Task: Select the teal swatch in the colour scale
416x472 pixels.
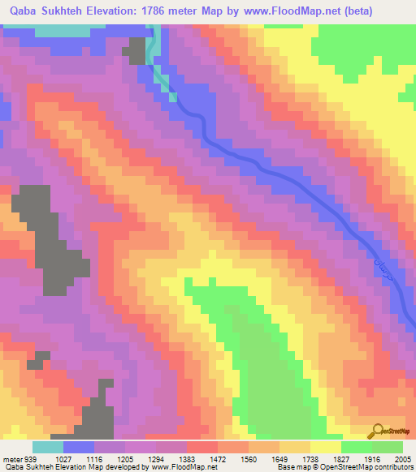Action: coord(48,447)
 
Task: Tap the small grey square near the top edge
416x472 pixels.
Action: coord(133,53)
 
